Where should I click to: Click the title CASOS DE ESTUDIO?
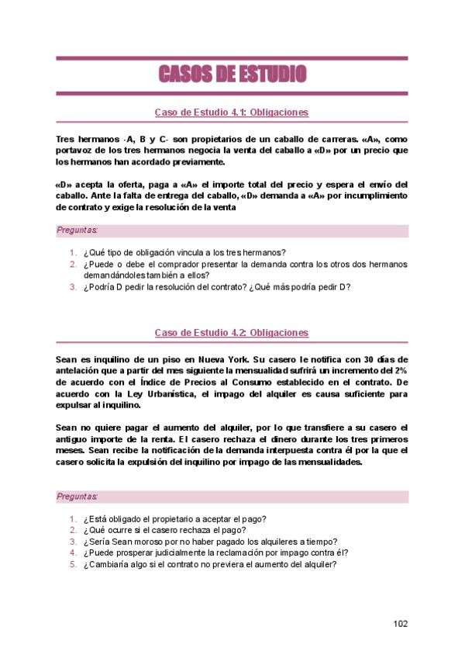point(232,74)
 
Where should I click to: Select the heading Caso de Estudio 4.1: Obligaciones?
point(232,113)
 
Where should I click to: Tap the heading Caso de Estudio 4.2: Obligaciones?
point(232,333)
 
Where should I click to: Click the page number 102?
point(400,624)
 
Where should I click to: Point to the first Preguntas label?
point(77,230)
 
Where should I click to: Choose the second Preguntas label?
point(77,496)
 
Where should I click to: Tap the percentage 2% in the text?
point(399,371)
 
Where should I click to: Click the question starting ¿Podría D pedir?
point(217,286)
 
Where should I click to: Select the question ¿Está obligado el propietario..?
point(175,519)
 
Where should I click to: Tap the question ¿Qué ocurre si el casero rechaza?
point(170,531)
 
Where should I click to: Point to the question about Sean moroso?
point(211,542)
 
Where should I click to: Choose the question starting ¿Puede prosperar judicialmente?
point(215,553)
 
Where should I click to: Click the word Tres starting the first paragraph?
point(67,140)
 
